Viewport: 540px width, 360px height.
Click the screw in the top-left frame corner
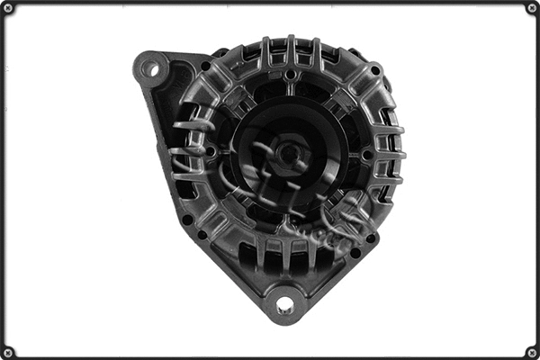(x=8, y=8)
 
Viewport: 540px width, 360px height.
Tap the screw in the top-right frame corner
(x=531, y=8)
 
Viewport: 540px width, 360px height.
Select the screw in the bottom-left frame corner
(x=8, y=351)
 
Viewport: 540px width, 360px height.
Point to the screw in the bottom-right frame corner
(x=531, y=351)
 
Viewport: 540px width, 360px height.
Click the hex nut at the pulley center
(x=289, y=153)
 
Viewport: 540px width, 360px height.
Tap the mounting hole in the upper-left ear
(x=150, y=67)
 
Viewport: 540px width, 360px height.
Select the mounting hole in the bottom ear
(x=285, y=305)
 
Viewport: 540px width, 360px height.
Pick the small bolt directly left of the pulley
(x=211, y=153)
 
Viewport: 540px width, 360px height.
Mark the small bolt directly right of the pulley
(x=367, y=154)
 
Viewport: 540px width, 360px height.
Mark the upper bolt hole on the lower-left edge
(x=187, y=219)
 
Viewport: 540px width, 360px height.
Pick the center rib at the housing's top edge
(x=291, y=49)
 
